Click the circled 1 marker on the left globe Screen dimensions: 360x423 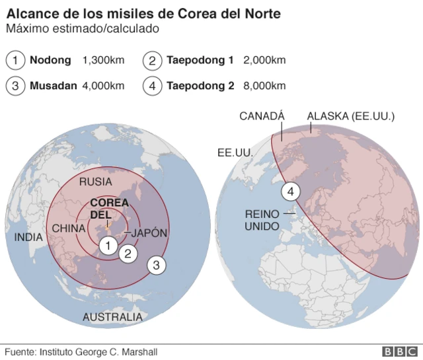(107, 245)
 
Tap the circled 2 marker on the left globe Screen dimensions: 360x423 (128, 252)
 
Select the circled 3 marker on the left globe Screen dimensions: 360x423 (156, 266)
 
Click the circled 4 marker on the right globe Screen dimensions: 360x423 (291, 192)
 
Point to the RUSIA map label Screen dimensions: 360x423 (95, 182)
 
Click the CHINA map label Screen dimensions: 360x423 (69, 229)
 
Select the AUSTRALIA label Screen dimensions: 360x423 (112, 318)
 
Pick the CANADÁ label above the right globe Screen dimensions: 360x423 (262, 116)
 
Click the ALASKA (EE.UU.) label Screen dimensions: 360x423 (351, 116)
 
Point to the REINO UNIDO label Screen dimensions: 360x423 (262, 220)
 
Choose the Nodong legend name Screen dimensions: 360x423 (50, 61)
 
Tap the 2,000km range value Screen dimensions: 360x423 (264, 61)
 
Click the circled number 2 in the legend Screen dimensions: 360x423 (152, 61)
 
